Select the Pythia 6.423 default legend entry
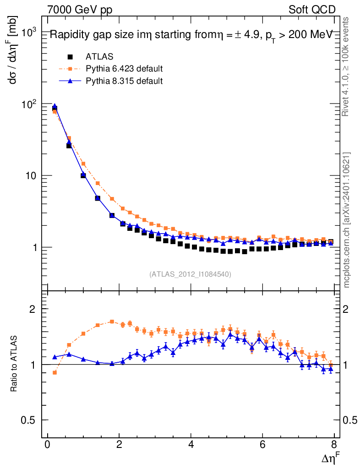124,69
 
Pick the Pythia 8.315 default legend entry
124,81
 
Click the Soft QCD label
312,10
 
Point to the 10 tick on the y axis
33,176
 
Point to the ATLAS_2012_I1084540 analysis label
190,274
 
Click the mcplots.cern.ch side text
347,220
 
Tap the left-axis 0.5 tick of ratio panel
30,420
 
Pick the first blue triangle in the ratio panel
55,357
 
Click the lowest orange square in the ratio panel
55,372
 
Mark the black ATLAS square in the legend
70,57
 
